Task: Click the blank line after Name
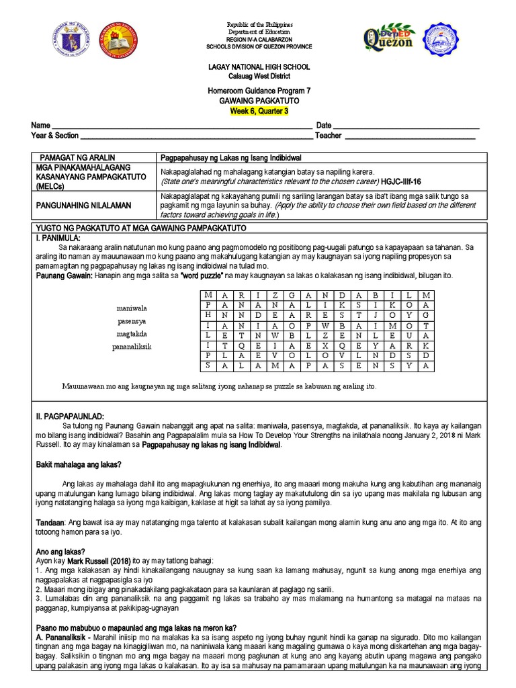181,126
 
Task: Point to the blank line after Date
406,126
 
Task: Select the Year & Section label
54,135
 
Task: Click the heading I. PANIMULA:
58,238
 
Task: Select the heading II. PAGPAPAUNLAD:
69,416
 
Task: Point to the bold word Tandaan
49,522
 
